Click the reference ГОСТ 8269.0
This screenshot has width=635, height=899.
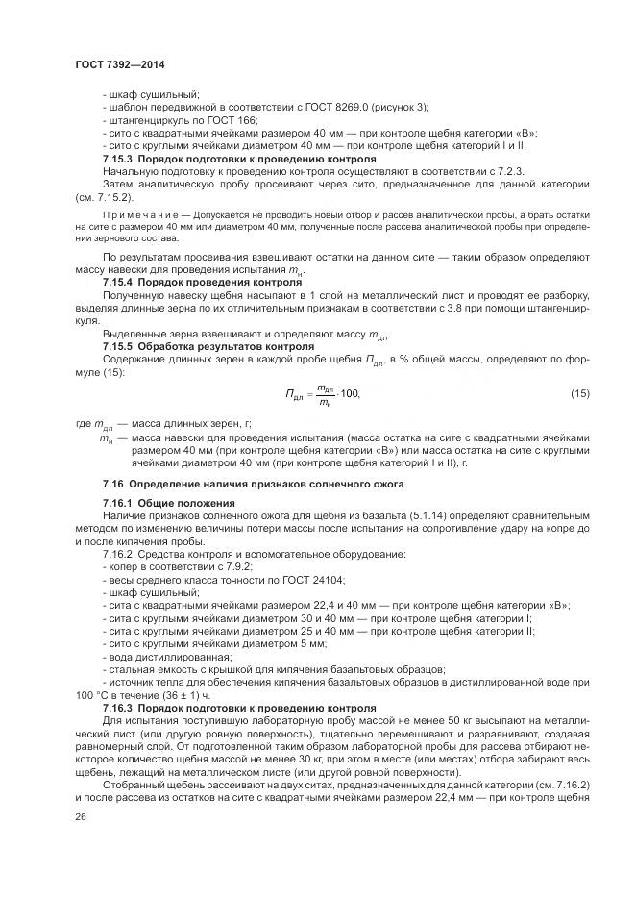tap(331, 107)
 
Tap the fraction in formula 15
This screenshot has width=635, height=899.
tap(325, 395)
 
